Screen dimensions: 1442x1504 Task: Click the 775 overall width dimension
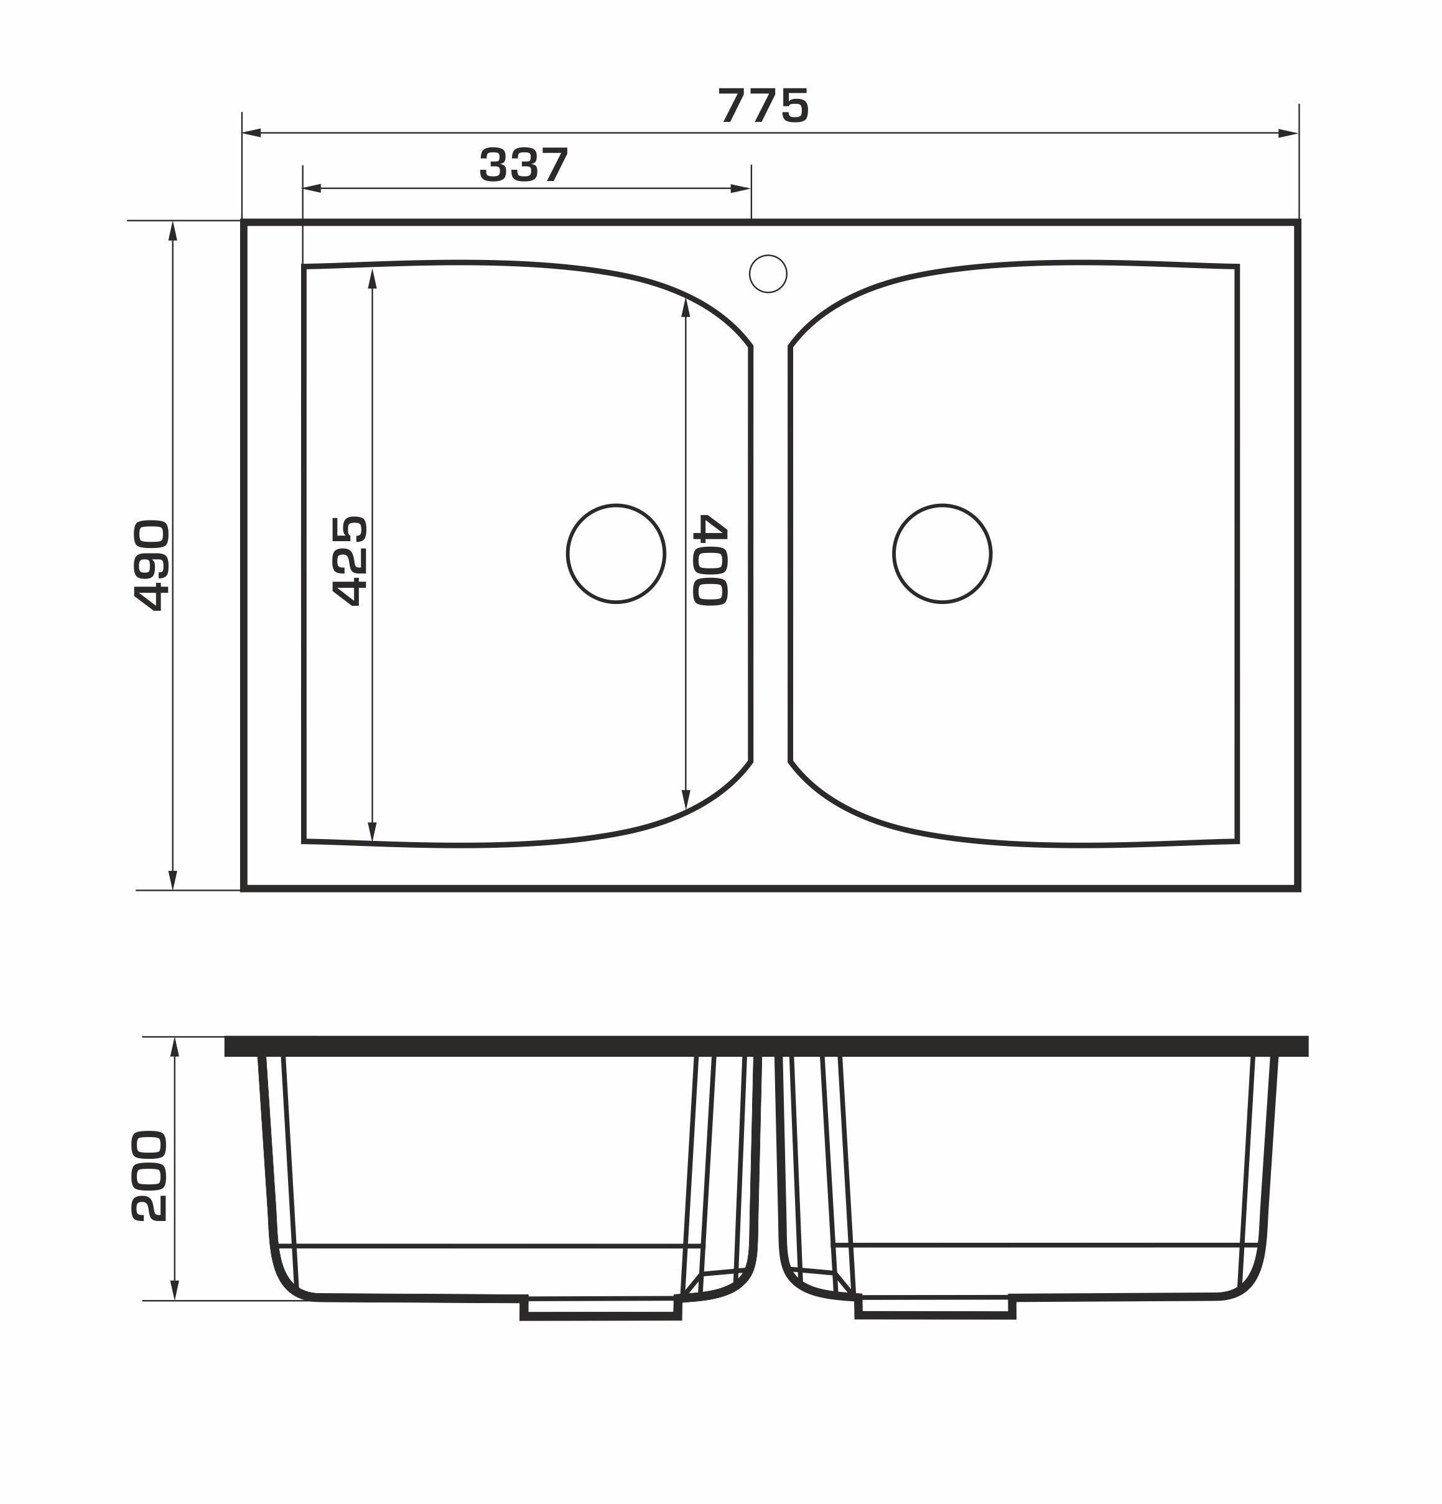(x=763, y=105)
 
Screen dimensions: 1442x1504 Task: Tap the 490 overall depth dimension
(x=151, y=565)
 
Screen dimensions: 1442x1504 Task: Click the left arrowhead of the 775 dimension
(x=252, y=132)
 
